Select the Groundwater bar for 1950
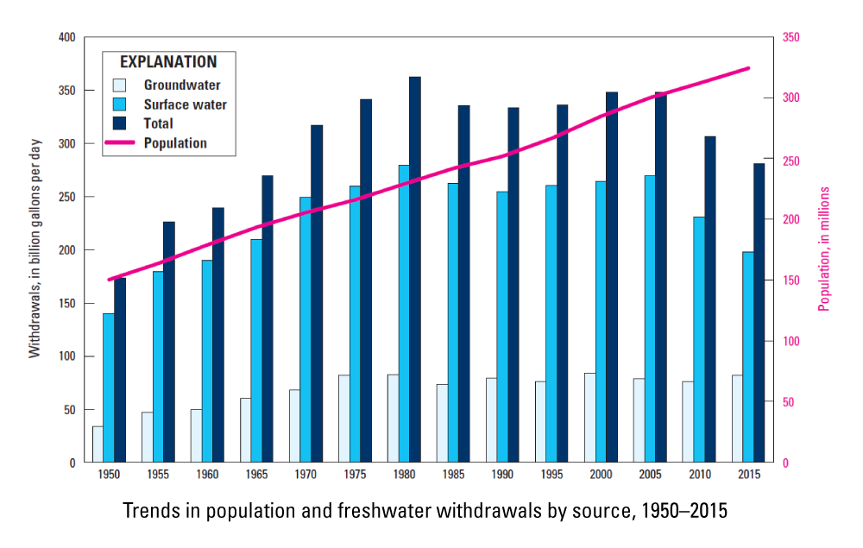pos(98,444)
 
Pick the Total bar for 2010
pos(710,299)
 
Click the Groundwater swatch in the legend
pos(120,85)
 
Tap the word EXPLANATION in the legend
pos(168,62)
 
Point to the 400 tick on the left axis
pos(67,38)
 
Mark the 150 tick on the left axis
pos(67,304)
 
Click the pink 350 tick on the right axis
pos(791,38)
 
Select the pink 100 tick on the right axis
pos(791,342)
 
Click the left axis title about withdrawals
pos(35,250)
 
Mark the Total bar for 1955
pos(169,342)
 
